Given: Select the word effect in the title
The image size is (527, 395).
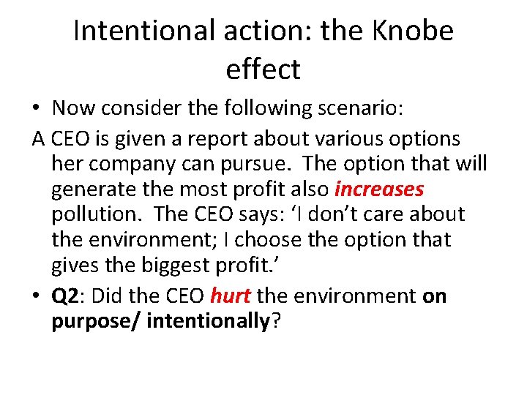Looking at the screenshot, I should point(263,69).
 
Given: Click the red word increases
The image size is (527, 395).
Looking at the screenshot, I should point(378,189).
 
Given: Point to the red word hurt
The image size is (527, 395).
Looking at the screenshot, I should point(231,296).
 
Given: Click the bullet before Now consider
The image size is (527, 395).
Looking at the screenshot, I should point(36,108).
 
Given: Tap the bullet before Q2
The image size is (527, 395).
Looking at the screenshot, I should point(36,296).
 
